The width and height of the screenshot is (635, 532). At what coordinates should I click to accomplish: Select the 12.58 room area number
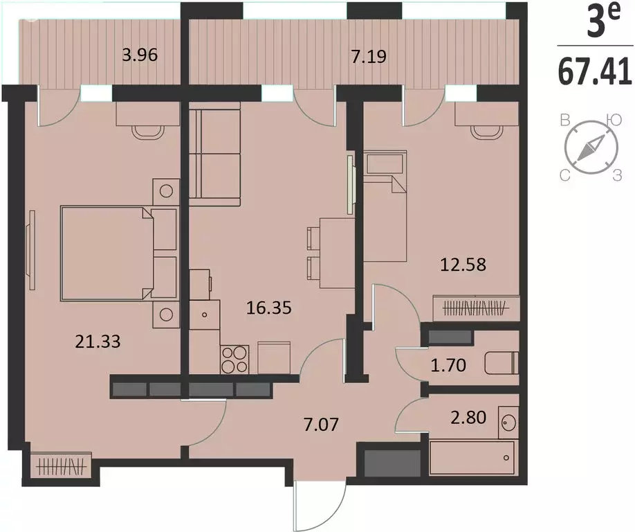[463, 263]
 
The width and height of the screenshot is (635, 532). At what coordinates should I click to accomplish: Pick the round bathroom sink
[508, 419]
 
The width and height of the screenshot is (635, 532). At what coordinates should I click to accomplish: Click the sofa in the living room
[214, 157]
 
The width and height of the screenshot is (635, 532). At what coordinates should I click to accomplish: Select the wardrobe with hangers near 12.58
[475, 305]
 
